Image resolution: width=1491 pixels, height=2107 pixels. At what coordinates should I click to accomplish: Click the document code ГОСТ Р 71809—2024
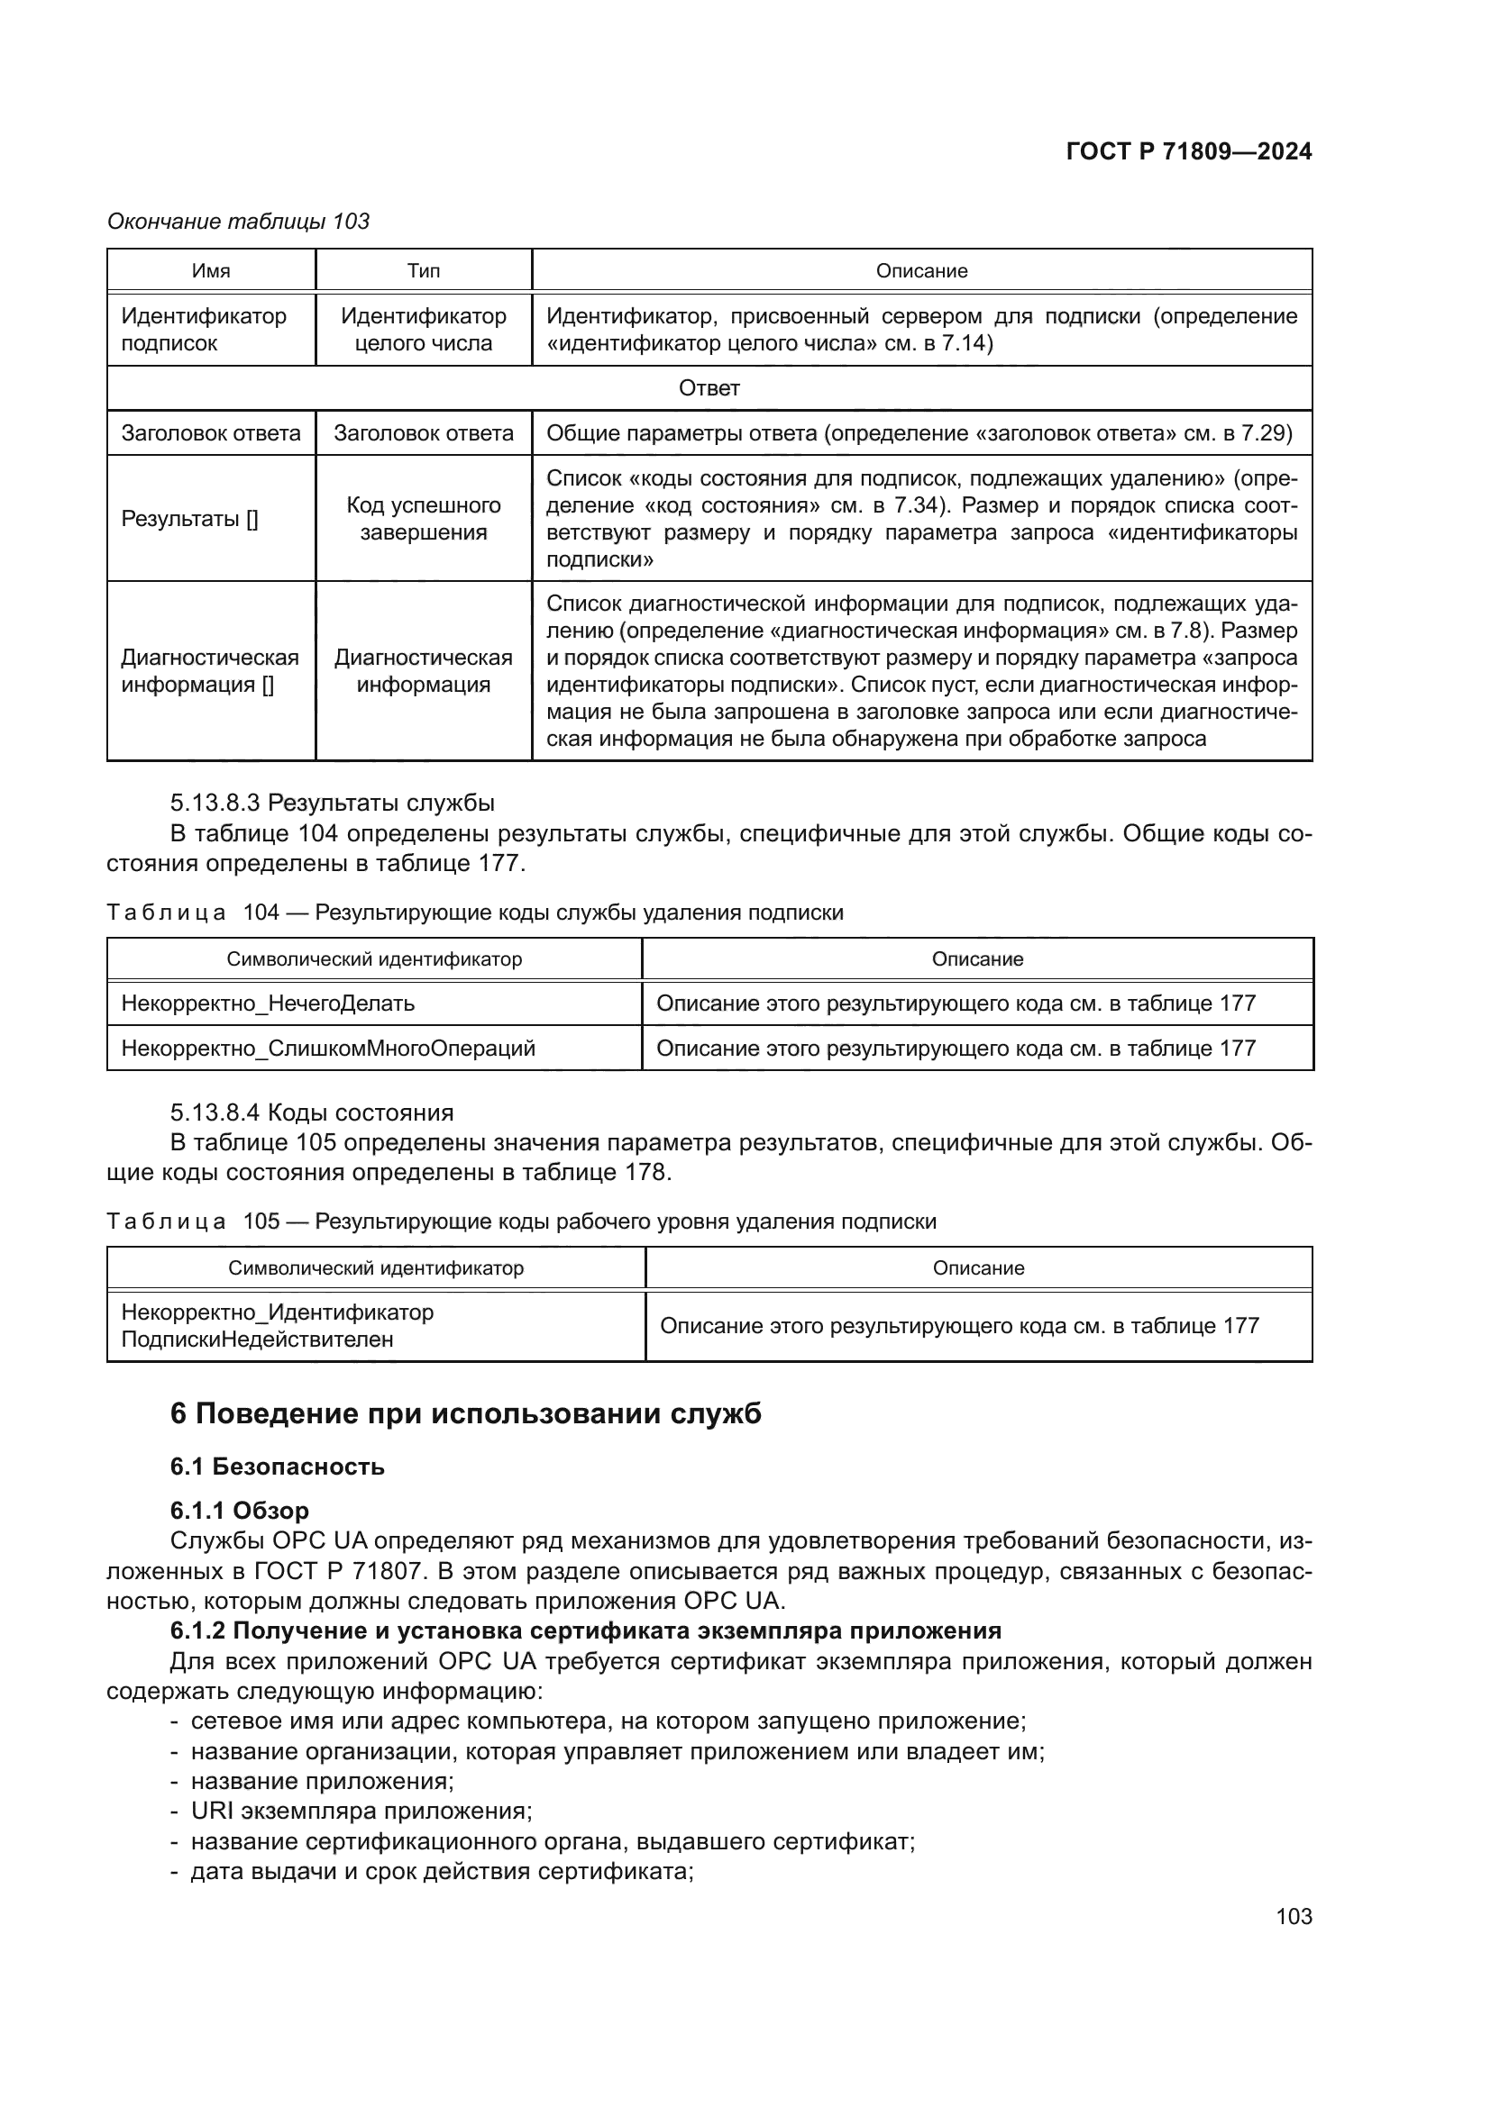(1188, 152)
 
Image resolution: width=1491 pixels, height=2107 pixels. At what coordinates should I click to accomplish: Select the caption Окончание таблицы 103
(239, 222)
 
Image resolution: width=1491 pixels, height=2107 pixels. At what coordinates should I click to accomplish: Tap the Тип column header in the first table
(424, 271)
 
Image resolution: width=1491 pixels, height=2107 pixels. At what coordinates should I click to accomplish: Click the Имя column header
(211, 271)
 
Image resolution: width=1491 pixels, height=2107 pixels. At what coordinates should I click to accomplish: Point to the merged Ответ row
(709, 388)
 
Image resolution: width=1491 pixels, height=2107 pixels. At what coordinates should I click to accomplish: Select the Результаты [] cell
(190, 519)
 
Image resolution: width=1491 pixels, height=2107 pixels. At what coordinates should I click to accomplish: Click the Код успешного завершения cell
(424, 519)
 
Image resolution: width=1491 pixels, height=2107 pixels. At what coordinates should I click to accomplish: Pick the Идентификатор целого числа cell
(424, 330)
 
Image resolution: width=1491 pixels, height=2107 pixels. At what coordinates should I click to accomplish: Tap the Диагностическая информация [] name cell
(210, 671)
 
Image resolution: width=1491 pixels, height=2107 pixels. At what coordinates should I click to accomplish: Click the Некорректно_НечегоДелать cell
(268, 1003)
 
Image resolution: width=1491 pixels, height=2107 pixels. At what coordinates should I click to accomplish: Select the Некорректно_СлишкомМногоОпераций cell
(328, 1048)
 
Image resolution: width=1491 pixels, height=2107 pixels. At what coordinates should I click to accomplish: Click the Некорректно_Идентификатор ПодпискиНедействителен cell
(278, 1325)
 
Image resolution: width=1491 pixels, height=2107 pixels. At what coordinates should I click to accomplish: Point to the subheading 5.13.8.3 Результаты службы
(332, 803)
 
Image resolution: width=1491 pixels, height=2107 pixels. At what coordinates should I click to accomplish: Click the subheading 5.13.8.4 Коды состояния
(311, 1113)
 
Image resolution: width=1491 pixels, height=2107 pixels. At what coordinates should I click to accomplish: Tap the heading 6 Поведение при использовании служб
(465, 1413)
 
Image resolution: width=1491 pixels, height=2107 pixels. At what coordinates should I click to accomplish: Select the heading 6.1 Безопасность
(278, 1467)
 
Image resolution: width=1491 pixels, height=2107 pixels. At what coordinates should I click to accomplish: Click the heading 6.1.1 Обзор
(240, 1511)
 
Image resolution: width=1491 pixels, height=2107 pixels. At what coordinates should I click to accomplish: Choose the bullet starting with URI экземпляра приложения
(361, 1812)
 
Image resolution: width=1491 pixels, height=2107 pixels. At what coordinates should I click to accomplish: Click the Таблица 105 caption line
(520, 1222)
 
